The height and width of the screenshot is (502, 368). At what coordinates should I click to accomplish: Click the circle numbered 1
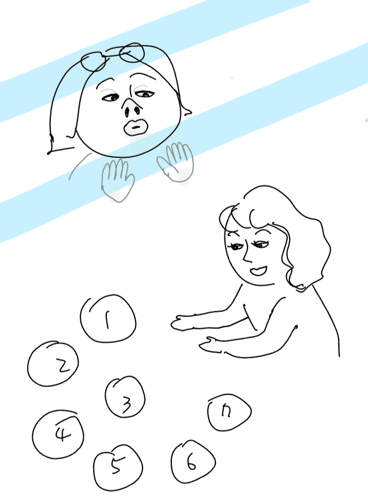108,319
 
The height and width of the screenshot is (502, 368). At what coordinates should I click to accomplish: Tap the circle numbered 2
53,364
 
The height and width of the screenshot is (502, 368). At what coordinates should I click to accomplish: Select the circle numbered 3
125,397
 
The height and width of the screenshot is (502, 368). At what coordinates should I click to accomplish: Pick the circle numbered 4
58,435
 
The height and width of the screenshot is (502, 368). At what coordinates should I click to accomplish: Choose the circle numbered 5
118,467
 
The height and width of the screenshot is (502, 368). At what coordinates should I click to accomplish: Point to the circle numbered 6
193,462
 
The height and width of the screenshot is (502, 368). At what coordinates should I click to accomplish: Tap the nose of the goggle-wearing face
132,108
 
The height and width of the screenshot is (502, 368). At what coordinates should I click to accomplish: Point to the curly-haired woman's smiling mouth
258,271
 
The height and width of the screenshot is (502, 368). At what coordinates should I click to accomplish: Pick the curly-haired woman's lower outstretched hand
211,345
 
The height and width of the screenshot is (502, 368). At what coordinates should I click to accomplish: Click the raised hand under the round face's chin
117,180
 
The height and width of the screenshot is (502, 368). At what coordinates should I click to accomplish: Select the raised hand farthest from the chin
176,162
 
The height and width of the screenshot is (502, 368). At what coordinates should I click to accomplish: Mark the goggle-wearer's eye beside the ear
145,94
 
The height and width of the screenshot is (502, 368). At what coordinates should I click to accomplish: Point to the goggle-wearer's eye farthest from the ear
110,97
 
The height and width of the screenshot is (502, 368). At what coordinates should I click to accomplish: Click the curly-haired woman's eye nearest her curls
261,245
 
